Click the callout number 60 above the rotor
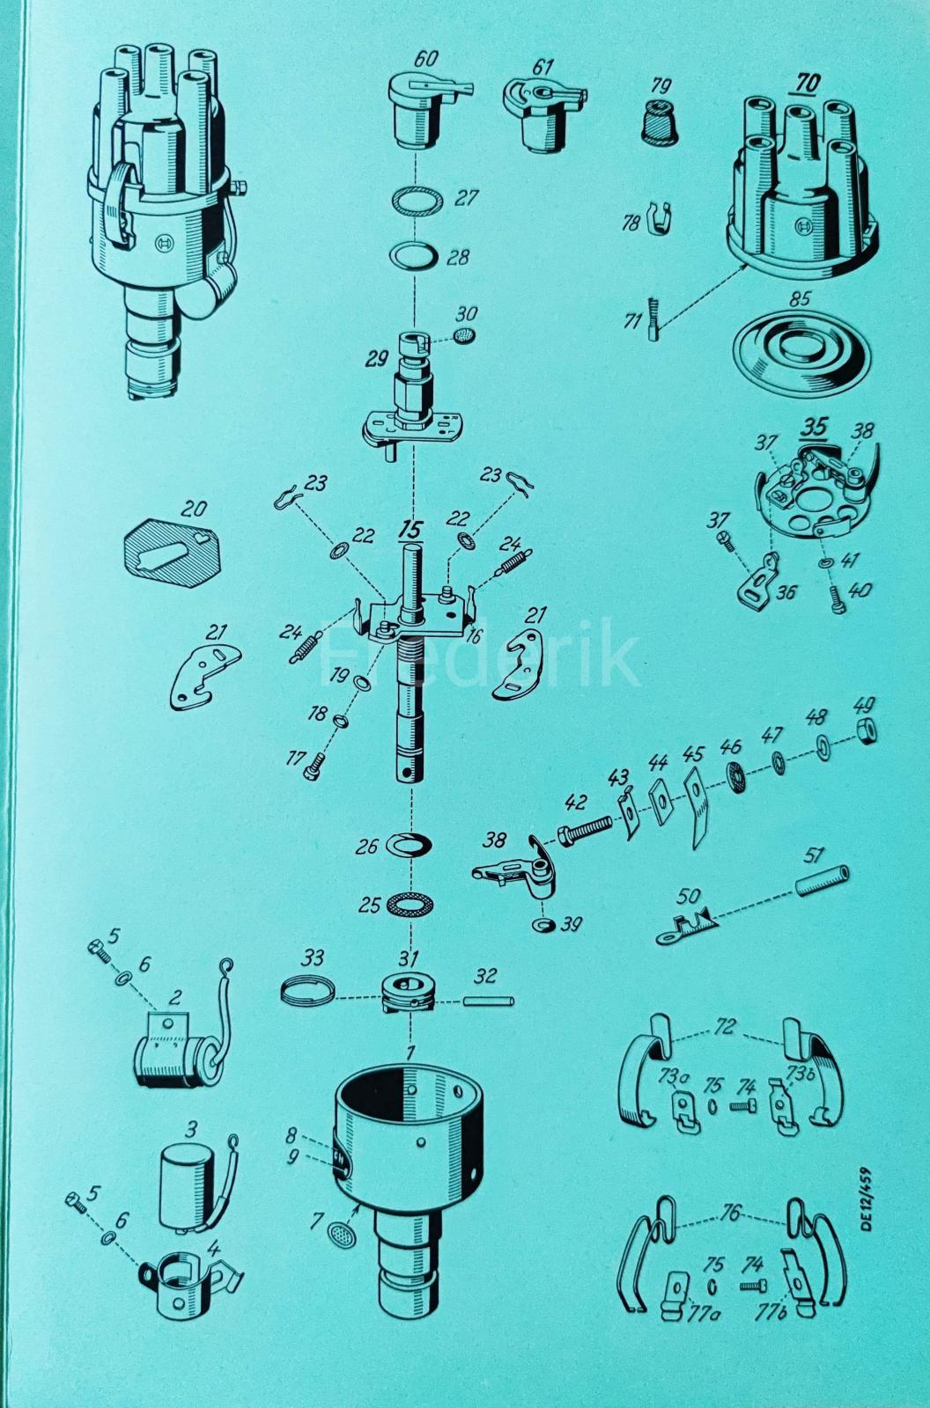pyautogui.click(x=427, y=60)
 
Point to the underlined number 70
pyautogui.click(x=807, y=84)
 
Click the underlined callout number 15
pyautogui.click(x=409, y=531)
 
